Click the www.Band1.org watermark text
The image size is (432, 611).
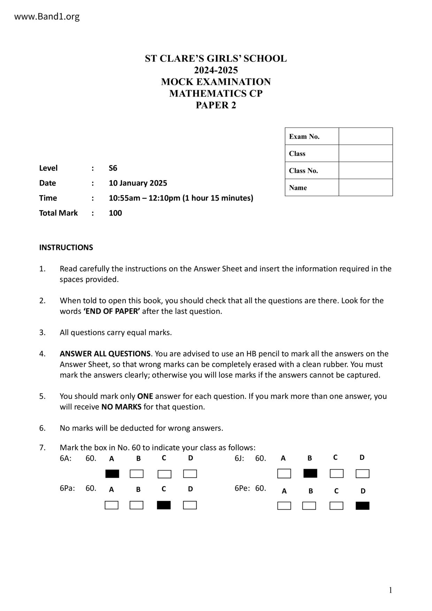(x=47, y=16)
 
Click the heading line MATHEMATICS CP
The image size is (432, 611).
(x=216, y=93)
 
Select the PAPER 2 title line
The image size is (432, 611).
(x=216, y=105)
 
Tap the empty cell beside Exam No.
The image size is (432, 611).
(x=365, y=136)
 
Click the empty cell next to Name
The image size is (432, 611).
(x=365, y=187)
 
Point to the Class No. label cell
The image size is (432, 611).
(x=311, y=170)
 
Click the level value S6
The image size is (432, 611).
(x=113, y=168)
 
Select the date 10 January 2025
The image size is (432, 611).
(x=138, y=183)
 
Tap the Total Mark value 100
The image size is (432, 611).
(x=115, y=213)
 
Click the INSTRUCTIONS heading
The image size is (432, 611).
(x=66, y=248)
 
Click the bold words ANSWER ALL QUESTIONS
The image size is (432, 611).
(x=105, y=354)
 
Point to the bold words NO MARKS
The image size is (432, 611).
(x=121, y=407)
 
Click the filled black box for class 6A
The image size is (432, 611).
(x=112, y=474)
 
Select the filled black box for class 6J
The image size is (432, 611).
(x=310, y=473)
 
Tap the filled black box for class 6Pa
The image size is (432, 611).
(x=164, y=505)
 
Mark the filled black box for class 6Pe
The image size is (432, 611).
(x=362, y=506)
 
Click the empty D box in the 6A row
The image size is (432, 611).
(x=190, y=474)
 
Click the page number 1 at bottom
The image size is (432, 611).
(x=391, y=590)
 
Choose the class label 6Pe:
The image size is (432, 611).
(x=242, y=488)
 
